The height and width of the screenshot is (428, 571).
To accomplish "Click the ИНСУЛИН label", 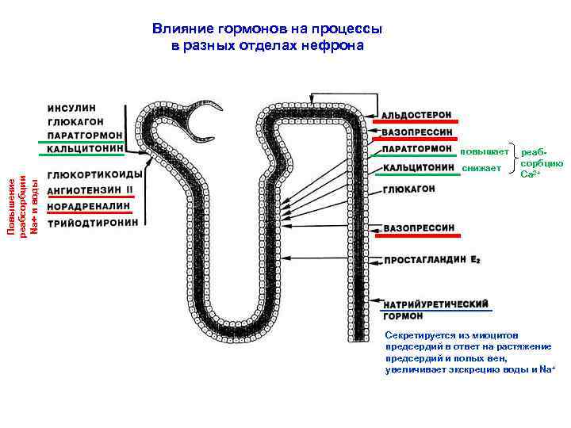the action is (x=71, y=108).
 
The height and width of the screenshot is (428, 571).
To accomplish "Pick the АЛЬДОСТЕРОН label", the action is (x=417, y=115).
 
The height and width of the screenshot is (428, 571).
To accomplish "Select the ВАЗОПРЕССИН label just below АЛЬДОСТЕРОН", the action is (x=417, y=132).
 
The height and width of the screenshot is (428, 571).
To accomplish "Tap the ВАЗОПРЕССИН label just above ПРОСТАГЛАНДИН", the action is (x=419, y=228).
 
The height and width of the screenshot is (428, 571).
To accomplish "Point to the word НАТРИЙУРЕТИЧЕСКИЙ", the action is (x=435, y=304).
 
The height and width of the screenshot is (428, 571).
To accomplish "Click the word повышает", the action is (x=481, y=150).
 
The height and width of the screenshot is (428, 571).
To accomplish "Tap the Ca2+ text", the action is (x=530, y=174).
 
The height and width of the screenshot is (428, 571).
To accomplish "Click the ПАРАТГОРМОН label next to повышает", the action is (x=417, y=148).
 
